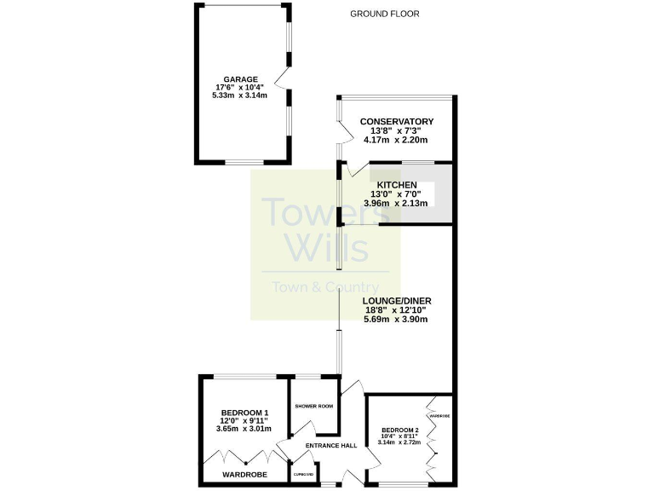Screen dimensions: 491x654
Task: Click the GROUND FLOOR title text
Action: click(x=385, y=14)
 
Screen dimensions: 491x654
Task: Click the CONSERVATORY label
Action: click(x=396, y=122)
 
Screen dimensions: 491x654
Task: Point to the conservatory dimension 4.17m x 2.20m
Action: click(x=396, y=140)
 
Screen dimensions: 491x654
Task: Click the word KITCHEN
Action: click(x=397, y=185)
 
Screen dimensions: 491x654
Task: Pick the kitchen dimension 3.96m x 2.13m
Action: click(x=397, y=203)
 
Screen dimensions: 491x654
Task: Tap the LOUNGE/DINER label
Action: click(x=395, y=301)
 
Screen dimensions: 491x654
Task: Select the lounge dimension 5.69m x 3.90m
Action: click(x=395, y=320)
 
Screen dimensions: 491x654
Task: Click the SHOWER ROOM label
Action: click(x=313, y=407)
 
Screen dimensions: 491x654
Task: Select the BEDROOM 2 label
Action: click(x=400, y=430)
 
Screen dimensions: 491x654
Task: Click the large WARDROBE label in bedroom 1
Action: click(x=245, y=474)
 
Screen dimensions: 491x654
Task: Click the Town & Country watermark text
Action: click(x=325, y=287)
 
